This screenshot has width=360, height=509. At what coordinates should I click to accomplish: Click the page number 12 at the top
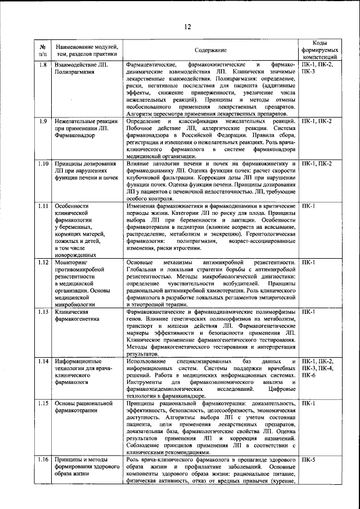[x=187, y=26]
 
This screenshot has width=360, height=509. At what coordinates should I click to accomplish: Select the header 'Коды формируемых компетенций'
[x=318, y=50]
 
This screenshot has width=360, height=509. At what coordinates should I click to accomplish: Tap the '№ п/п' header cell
[x=42, y=50]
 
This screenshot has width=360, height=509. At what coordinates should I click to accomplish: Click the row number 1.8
[x=42, y=65]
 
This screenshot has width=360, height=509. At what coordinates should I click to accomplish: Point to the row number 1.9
[x=42, y=121]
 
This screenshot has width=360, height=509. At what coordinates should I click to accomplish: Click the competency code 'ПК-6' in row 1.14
[x=309, y=375]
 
